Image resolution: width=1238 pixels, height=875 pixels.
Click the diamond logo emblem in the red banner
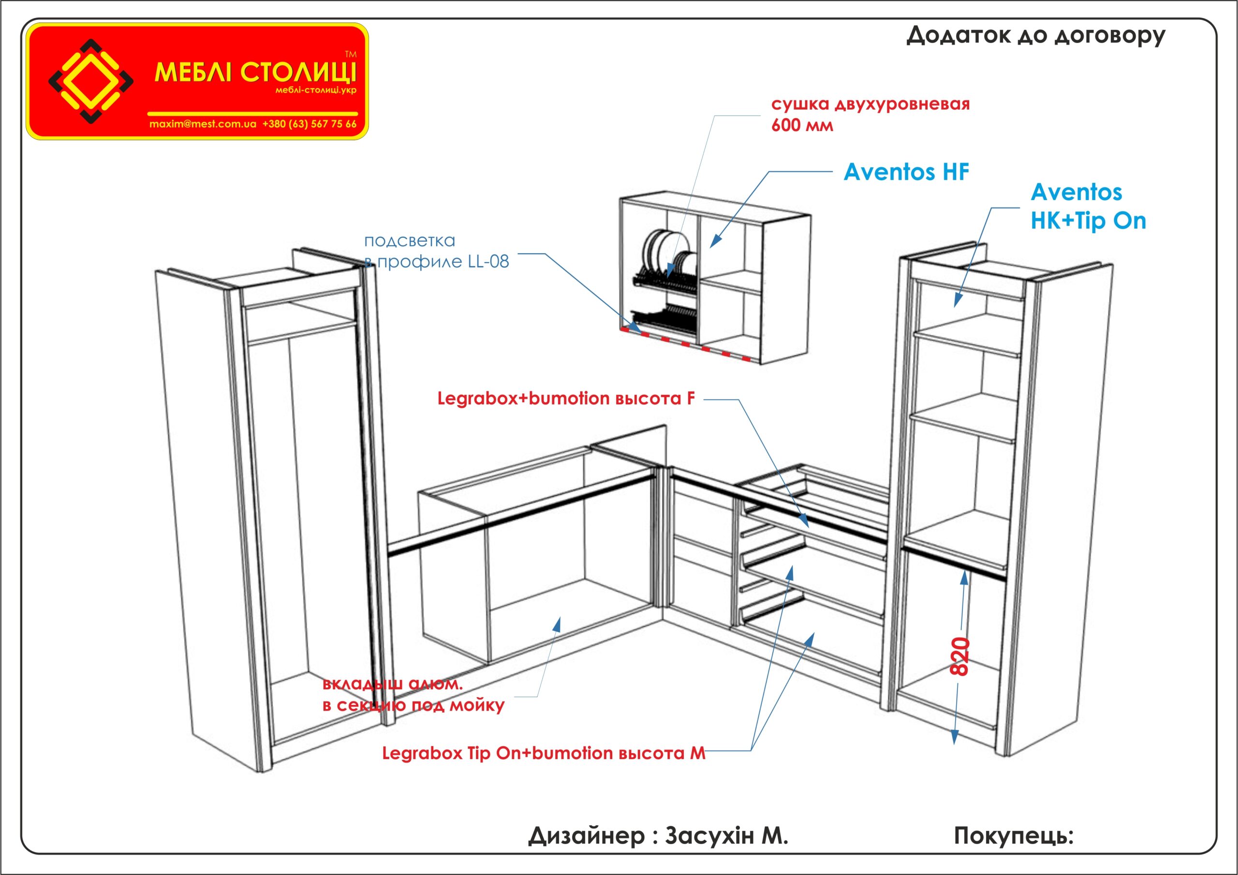(x=90, y=81)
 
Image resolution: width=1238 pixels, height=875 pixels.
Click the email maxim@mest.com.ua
(x=203, y=124)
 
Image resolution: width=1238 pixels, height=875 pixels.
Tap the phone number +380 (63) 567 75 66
(x=309, y=124)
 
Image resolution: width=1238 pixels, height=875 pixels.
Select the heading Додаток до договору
(x=1035, y=36)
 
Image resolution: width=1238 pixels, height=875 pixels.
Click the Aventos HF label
(x=906, y=173)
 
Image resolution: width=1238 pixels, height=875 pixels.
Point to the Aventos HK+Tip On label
(x=1088, y=206)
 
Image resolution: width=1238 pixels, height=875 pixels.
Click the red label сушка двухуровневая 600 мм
(x=870, y=114)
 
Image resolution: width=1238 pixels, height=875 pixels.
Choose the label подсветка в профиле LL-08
(x=436, y=251)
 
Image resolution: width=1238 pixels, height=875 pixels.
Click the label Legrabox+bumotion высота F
(x=566, y=399)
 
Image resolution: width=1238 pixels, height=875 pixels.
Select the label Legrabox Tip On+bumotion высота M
(x=544, y=753)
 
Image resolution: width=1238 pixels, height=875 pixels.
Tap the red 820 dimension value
(x=960, y=656)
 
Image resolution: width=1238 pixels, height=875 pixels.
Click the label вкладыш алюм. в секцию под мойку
(x=413, y=695)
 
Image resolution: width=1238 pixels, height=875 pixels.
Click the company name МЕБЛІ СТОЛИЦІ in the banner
(x=255, y=72)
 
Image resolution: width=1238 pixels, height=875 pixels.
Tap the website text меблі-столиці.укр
(x=315, y=90)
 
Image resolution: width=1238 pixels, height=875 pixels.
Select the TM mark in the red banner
(x=351, y=55)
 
